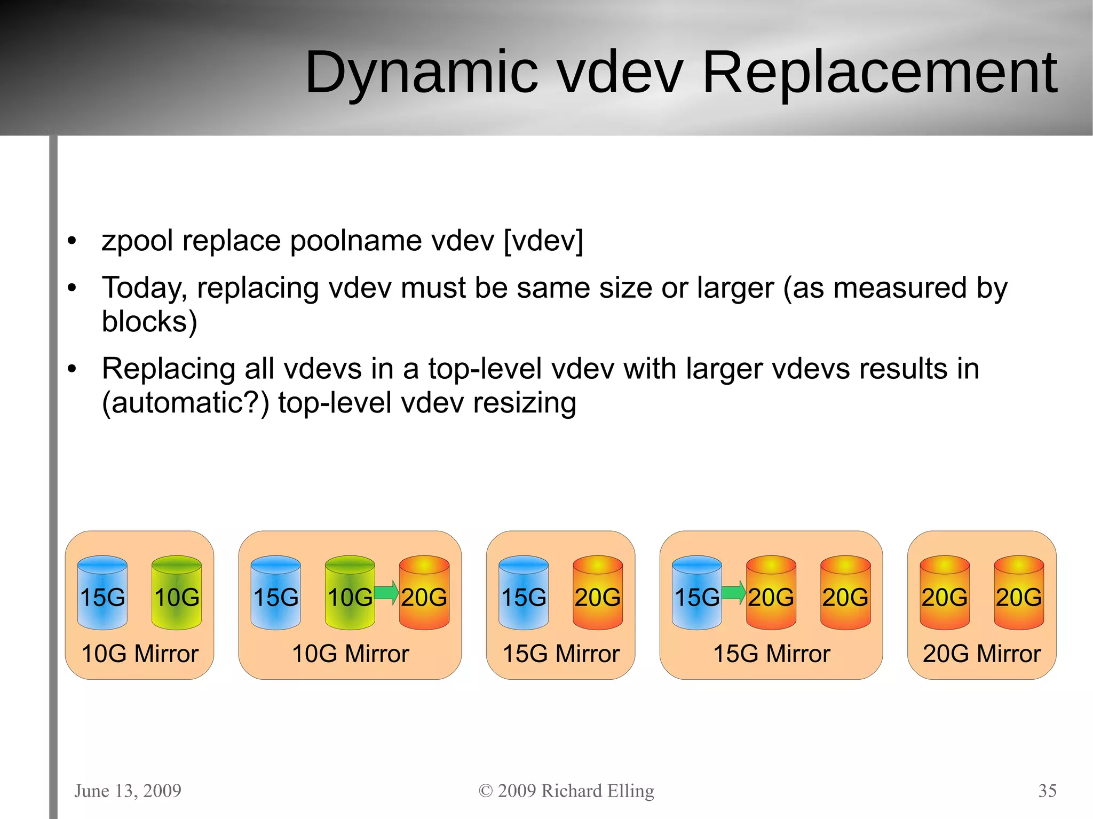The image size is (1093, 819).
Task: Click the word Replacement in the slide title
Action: [880, 73]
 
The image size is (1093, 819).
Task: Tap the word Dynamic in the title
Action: [422, 73]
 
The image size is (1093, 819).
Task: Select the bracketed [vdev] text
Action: [543, 241]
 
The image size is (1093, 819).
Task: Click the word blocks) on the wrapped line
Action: [149, 322]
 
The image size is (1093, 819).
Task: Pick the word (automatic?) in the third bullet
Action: [185, 403]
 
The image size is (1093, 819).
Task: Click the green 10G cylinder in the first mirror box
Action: [177, 592]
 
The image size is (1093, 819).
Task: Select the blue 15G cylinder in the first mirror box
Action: [102, 592]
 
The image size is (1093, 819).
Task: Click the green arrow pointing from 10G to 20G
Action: [386, 592]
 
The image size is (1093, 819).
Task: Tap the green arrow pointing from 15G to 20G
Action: [733, 592]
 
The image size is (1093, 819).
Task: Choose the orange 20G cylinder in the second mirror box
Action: [424, 592]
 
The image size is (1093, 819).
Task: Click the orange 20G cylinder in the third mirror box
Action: [598, 592]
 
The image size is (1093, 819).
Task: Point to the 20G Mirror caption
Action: [981, 654]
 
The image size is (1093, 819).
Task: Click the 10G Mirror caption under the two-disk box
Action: [140, 654]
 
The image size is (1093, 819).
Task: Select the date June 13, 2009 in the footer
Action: [128, 791]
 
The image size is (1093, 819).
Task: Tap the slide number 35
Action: [1047, 791]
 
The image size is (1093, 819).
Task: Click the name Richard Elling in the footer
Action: [598, 791]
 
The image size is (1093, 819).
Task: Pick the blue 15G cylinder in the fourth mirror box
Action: [696, 592]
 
